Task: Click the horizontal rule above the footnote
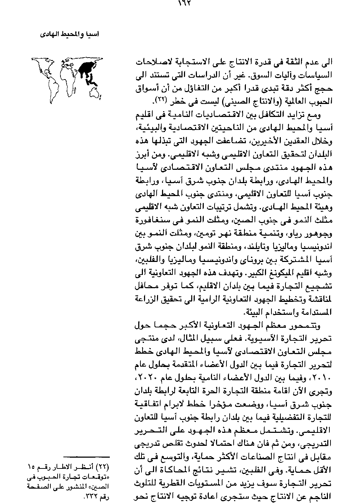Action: pyautogui.click(x=89, y=457)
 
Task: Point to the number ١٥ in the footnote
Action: pyautogui.click(x=31, y=467)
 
